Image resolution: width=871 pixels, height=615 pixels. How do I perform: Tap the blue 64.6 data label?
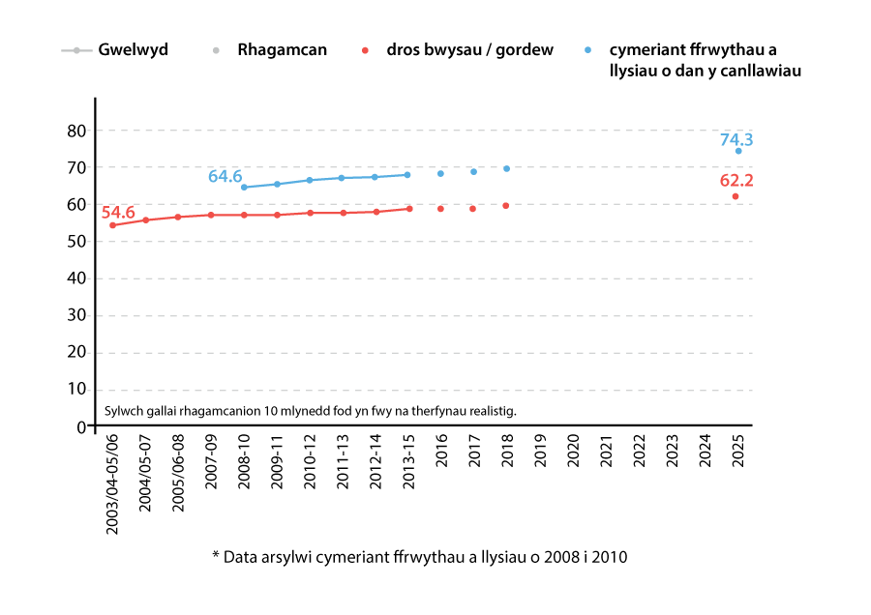(225, 176)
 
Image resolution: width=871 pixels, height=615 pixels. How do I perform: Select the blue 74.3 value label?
(736, 140)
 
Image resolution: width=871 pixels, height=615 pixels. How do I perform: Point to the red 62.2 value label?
(736, 180)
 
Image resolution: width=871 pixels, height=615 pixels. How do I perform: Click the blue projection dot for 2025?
(738, 151)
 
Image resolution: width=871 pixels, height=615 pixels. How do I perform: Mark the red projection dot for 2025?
(736, 196)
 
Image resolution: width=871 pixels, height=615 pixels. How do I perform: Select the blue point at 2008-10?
(244, 188)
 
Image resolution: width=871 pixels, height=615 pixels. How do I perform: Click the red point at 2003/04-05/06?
(113, 225)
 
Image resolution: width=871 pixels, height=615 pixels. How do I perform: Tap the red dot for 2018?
(506, 205)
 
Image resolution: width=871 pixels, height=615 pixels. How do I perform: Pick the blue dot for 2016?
(440, 173)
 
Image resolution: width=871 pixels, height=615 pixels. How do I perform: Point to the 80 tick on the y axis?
(77, 131)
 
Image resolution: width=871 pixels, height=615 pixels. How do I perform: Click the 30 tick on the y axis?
(77, 315)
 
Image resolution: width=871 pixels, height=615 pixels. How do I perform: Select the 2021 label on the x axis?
(606, 452)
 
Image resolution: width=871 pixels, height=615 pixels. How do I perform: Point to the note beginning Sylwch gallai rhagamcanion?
(311, 411)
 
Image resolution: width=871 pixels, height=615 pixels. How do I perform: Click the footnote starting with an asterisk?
(420, 557)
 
